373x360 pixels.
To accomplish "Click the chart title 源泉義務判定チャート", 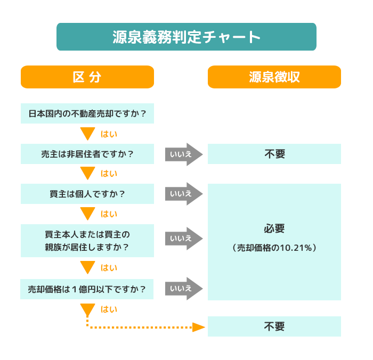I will click(x=186, y=37).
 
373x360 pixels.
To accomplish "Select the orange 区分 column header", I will click(x=87, y=77).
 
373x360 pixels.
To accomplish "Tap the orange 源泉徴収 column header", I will click(x=274, y=77).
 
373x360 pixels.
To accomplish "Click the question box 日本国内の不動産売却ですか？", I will click(x=87, y=113).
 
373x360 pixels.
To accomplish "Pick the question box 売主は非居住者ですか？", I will click(x=87, y=154).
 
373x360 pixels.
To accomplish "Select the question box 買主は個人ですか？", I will click(x=87, y=194).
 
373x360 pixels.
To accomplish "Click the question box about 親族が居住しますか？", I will click(x=87, y=241).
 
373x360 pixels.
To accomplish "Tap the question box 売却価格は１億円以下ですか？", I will click(x=87, y=289).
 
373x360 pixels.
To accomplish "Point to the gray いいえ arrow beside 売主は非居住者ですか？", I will click(x=183, y=154).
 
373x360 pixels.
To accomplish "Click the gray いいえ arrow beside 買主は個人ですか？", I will click(x=183, y=194).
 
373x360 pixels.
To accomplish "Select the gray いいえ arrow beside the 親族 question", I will click(x=183, y=239).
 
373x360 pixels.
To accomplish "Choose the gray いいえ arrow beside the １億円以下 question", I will click(x=183, y=289).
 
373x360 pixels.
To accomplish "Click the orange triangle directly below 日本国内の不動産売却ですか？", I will click(x=87, y=133).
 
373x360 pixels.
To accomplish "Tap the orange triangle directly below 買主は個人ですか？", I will click(x=87, y=214).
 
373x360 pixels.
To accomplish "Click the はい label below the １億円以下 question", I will click(x=109, y=309).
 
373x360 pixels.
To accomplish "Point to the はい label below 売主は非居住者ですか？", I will click(x=109, y=174).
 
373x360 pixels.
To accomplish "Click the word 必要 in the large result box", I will click(x=274, y=228).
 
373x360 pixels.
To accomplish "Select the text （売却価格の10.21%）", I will click(x=274, y=248).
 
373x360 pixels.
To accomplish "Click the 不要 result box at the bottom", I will click(x=274, y=326).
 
